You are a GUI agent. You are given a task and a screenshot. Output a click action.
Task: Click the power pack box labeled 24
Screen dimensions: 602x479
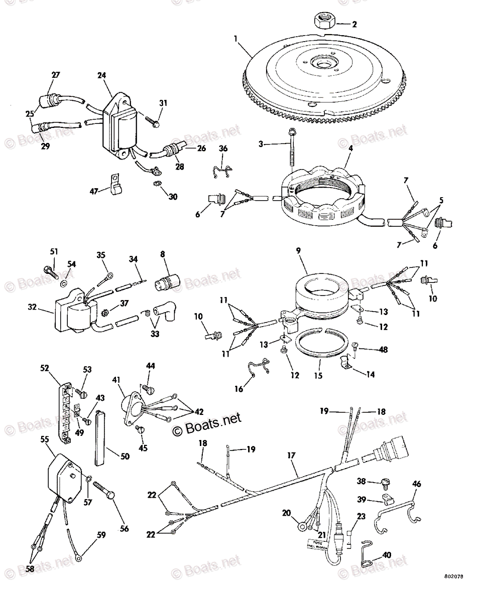[x=119, y=124]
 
